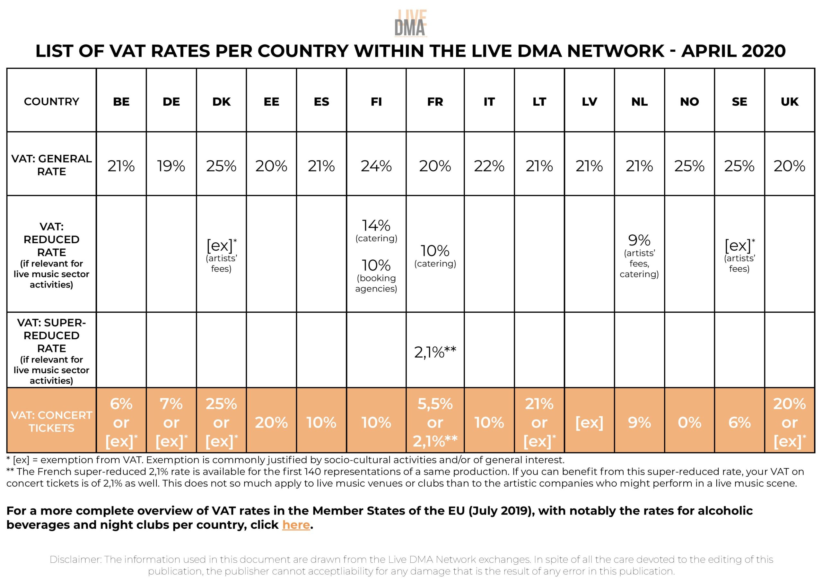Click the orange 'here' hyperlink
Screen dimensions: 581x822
(296, 525)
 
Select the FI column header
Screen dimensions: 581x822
(376, 102)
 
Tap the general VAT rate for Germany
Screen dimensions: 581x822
(171, 166)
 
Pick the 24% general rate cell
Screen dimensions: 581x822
(376, 166)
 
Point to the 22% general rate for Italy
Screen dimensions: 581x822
(489, 166)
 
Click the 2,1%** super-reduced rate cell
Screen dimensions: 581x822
(435, 352)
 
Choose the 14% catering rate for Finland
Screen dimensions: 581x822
(376, 226)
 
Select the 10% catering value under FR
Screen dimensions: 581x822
(435, 251)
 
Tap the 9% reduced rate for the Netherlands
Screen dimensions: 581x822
(639, 240)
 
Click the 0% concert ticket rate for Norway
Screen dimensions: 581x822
(689, 423)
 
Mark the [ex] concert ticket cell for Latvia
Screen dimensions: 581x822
(589, 423)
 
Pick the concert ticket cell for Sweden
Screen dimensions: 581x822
(739, 423)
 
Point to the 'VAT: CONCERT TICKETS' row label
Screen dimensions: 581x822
(52, 422)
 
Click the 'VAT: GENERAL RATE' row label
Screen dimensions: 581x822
(52, 165)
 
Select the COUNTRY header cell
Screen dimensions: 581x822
(52, 102)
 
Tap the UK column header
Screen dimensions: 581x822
(790, 102)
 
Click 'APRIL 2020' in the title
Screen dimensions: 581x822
(733, 51)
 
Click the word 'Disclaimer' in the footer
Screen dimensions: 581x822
(75, 559)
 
